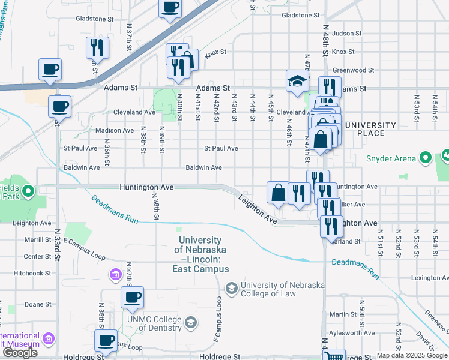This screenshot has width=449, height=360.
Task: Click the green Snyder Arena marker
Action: pyautogui.click(x=426, y=158)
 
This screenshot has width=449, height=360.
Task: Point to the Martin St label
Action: pyautogui.click(x=343, y=314)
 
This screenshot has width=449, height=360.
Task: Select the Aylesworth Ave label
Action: pyautogui.click(x=352, y=333)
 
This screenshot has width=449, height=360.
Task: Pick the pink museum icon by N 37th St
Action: pyautogui.click(x=115, y=275)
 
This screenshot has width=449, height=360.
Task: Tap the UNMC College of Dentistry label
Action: pyautogui.click(x=154, y=323)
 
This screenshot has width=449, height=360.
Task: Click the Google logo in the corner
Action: pyautogui.click(x=20, y=353)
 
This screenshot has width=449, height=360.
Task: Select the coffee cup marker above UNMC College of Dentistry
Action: pyautogui.click(x=131, y=296)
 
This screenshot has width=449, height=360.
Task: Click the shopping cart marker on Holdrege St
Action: pyautogui.click(x=334, y=356)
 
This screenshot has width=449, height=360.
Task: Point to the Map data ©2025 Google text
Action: pyautogui.click(x=412, y=355)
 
